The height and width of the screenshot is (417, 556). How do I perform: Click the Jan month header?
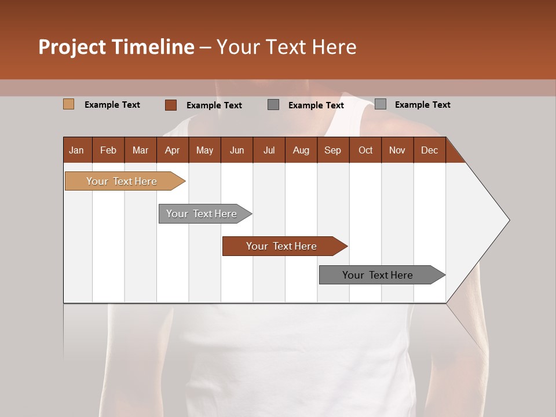tap(77, 150)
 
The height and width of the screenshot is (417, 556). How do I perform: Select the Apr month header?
tap(173, 150)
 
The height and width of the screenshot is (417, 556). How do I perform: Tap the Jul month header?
tap(269, 150)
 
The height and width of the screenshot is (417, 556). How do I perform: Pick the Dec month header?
tap(429, 150)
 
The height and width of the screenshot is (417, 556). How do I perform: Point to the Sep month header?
tap(332, 150)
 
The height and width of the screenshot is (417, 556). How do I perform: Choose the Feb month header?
tap(108, 150)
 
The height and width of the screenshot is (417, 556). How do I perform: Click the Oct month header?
tap(365, 150)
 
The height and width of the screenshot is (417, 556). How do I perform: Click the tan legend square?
tap(68, 104)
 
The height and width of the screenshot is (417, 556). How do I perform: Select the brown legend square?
tap(170, 105)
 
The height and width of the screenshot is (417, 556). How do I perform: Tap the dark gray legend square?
tap(273, 104)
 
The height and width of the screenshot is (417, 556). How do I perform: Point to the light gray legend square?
tap(380, 104)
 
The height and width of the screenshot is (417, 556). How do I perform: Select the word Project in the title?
tap(72, 47)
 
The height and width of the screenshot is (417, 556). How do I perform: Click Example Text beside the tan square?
tap(112, 105)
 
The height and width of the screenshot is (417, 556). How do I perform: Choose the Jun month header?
tap(237, 150)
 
